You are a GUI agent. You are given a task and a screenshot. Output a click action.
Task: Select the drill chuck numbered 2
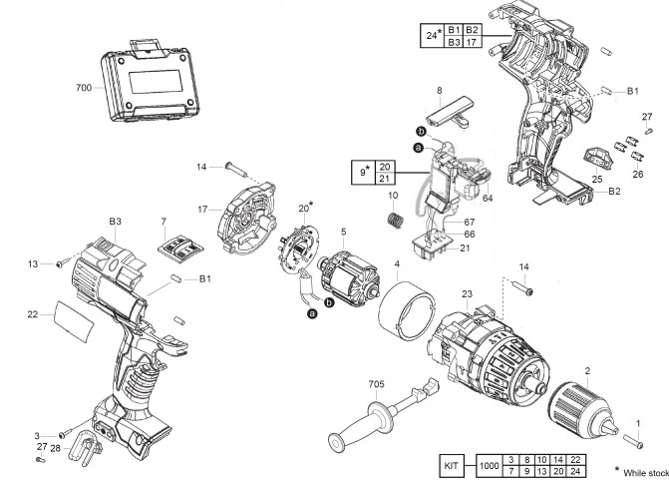(x=583, y=412)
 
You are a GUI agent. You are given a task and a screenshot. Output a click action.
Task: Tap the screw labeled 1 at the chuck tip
(x=633, y=441)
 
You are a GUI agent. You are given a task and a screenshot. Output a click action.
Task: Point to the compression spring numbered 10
(x=396, y=220)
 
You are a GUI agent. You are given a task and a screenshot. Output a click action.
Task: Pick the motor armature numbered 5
(x=349, y=277)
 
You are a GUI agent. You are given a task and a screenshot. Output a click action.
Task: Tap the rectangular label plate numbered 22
(x=74, y=321)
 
